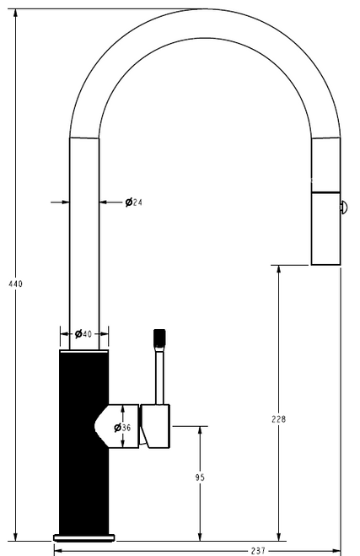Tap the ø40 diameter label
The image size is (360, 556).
tap(83, 334)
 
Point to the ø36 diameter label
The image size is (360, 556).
tap(122, 427)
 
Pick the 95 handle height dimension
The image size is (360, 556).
tap(200, 478)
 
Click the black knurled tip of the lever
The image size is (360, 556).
tap(158, 339)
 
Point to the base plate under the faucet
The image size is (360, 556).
tap(84, 537)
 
